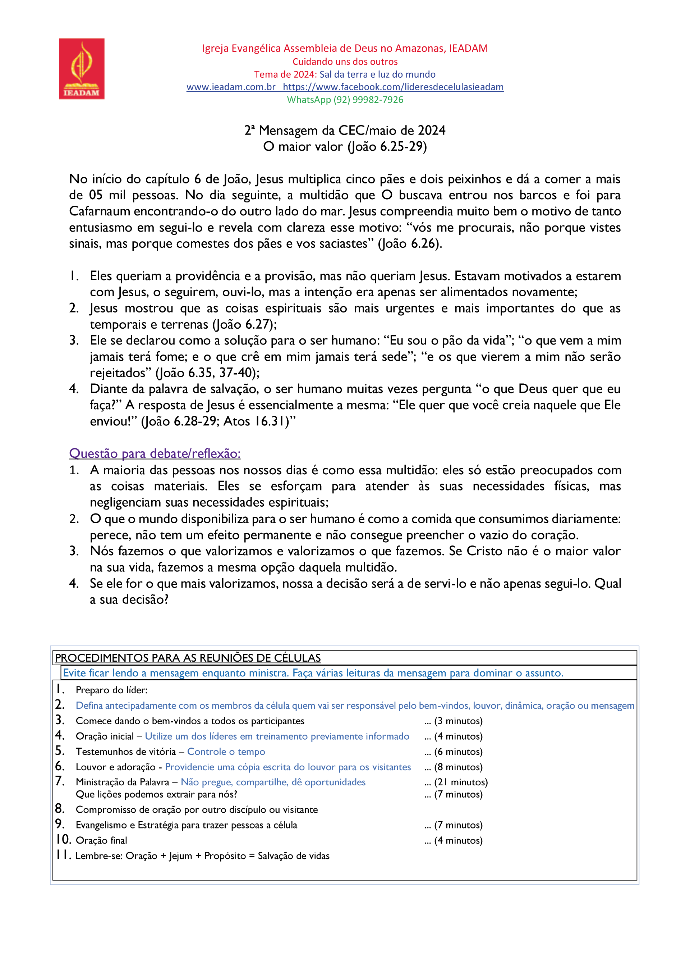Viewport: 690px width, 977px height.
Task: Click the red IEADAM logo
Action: click(x=82, y=69)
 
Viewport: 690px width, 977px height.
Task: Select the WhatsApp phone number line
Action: click(x=345, y=100)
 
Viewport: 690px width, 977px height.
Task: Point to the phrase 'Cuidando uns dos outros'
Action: click(x=345, y=62)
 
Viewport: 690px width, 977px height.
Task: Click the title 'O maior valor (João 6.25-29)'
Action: click(x=345, y=146)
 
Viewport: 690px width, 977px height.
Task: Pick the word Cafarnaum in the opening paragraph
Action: click(x=100, y=211)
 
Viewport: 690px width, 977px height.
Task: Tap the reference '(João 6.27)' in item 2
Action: click(x=244, y=324)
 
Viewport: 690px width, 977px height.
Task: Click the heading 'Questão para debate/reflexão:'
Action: click(x=155, y=453)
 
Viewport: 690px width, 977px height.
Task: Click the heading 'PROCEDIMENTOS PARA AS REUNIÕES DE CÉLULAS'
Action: click(x=188, y=658)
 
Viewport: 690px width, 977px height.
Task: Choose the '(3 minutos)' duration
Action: click(x=458, y=721)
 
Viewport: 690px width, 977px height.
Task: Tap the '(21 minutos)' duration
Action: click(x=461, y=782)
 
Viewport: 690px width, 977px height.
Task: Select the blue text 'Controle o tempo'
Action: click(x=226, y=752)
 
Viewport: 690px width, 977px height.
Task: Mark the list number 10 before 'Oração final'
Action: click(x=63, y=840)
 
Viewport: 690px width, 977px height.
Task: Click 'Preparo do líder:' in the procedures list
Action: click(x=111, y=690)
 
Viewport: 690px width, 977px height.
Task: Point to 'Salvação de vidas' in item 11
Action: click(x=294, y=856)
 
